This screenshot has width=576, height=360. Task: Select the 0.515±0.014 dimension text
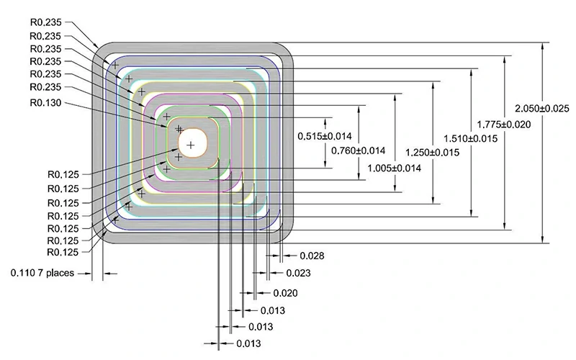coord(325,136)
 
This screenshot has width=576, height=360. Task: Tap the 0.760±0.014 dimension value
coord(358,150)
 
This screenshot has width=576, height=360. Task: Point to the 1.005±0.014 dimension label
coord(394,167)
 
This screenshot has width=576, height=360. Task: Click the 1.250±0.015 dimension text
coord(433,152)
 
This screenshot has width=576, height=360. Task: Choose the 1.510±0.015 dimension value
coord(472,138)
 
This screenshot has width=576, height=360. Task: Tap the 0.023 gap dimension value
coord(298,274)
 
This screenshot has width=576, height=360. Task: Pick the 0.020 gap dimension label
coord(285,292)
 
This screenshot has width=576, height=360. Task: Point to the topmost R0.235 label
coord(45,22)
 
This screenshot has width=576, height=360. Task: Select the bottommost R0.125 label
coord(63,253)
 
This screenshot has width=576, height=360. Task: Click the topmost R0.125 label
coord(63,175)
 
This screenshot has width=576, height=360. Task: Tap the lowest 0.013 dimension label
coord(248,344)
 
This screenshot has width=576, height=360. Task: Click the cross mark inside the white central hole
coord(190,145)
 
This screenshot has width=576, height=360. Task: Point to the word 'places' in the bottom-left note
coord(60,274)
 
